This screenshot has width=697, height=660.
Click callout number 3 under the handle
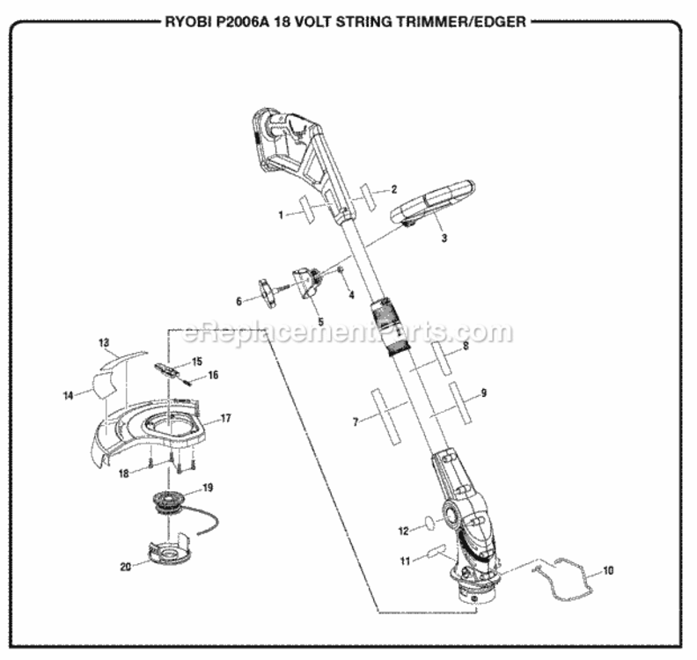444,238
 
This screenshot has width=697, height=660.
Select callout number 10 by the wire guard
609,570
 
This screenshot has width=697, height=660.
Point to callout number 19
208,487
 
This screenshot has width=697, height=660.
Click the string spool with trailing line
168,507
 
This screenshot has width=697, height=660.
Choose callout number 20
125,566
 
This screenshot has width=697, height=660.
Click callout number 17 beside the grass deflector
225,418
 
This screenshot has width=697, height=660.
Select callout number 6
238,301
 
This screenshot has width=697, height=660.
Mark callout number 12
404,531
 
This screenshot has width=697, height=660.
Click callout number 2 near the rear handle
395,189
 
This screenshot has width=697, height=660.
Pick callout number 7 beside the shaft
356,422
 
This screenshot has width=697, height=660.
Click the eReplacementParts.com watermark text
347,334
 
